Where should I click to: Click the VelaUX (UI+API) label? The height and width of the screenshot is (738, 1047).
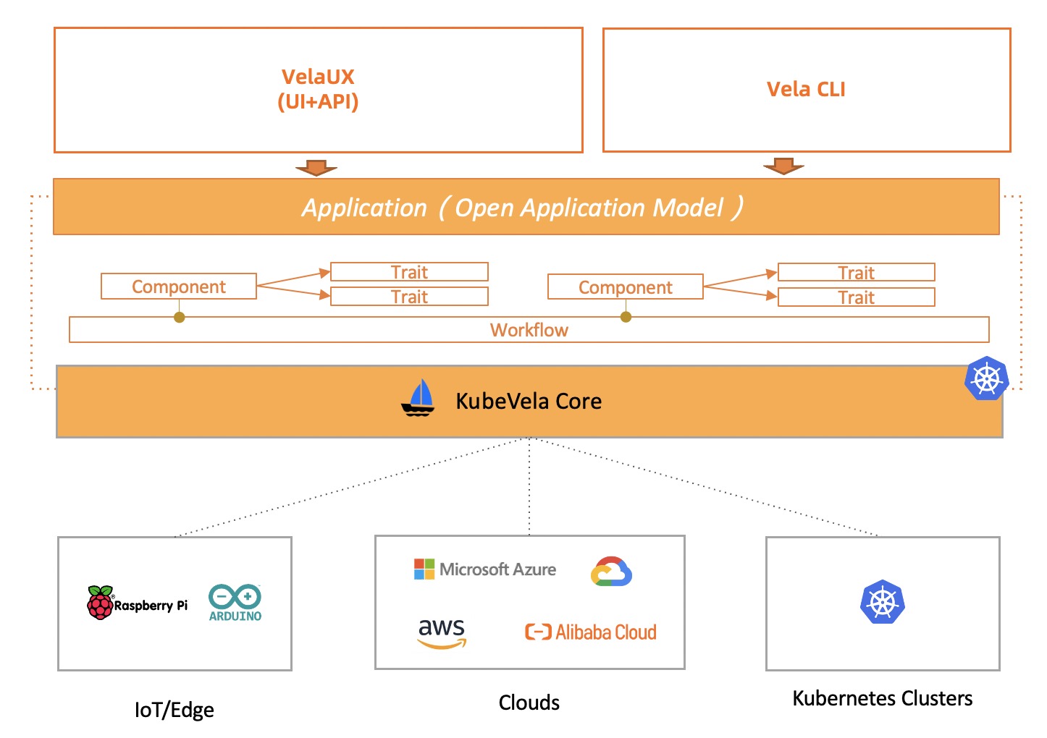click(318, 89)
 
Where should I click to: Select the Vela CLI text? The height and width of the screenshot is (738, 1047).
click(806, 89)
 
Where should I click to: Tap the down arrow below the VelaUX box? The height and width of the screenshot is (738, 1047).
click(316, 168)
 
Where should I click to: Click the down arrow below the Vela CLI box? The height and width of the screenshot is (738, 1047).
click(783, 166)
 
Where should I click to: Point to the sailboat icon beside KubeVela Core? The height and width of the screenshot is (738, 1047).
click(418, 399)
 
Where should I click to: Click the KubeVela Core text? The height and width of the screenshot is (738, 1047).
click(529, 402)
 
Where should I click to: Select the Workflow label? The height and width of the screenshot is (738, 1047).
click(529, 330)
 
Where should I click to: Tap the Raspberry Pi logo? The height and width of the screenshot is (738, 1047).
click(137, 603)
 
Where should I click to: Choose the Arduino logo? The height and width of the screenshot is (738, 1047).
click(235, 603)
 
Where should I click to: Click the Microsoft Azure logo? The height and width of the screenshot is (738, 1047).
click(485, 569)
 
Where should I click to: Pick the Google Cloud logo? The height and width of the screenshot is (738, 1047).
click(611, 572)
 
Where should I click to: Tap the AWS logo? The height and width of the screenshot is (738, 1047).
click(442, 632)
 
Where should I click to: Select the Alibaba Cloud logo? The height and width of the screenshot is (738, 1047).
click(591, 632)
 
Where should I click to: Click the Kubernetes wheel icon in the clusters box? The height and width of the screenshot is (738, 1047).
click(883, 602)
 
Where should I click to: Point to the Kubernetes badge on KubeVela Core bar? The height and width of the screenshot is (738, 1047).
click(987, 378)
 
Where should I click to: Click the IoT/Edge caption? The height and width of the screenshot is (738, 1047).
click(174, 710)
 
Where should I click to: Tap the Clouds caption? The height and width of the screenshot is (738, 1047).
click(529, 703)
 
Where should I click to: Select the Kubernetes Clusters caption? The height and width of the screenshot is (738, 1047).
click(883, 698)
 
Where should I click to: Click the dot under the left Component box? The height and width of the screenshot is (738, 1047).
click(179, 317)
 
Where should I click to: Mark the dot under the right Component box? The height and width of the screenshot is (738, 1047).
click(626, 317)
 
